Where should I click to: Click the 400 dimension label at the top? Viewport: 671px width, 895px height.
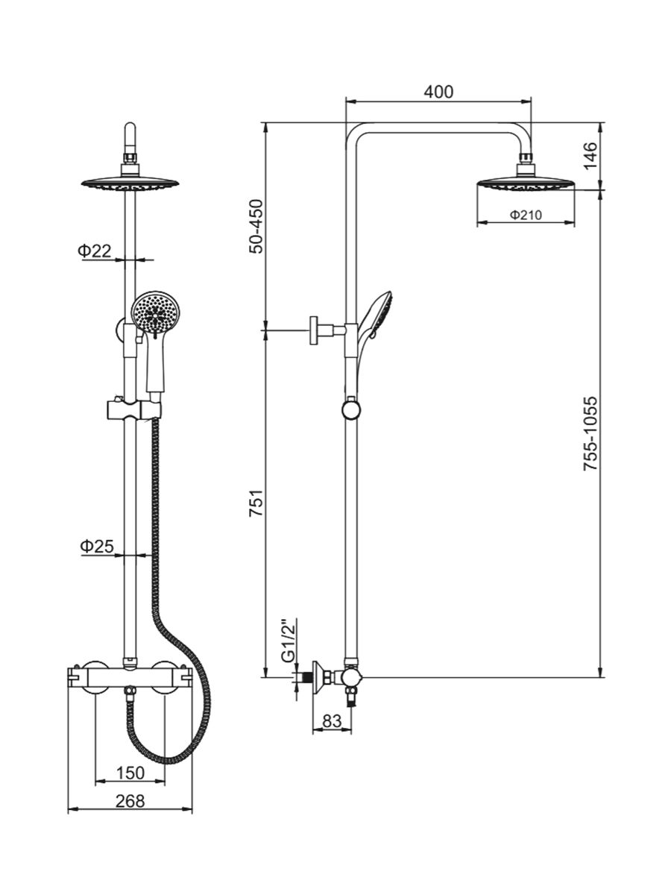[438, 92]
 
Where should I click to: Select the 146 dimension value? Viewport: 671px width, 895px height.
[590, 155]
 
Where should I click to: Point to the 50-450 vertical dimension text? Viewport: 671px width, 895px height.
[256, 227]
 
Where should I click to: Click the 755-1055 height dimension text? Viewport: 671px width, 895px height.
[590, 432]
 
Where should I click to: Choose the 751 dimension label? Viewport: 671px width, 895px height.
[256, 509]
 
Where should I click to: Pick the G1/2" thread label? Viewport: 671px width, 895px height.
[287, 640]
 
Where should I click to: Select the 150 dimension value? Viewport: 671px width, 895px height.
[130, 771]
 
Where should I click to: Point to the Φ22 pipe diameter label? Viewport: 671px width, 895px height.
[95, 251]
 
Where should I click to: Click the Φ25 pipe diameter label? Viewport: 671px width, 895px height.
[96, 547]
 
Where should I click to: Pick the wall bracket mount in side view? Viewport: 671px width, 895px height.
[319, 329]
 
